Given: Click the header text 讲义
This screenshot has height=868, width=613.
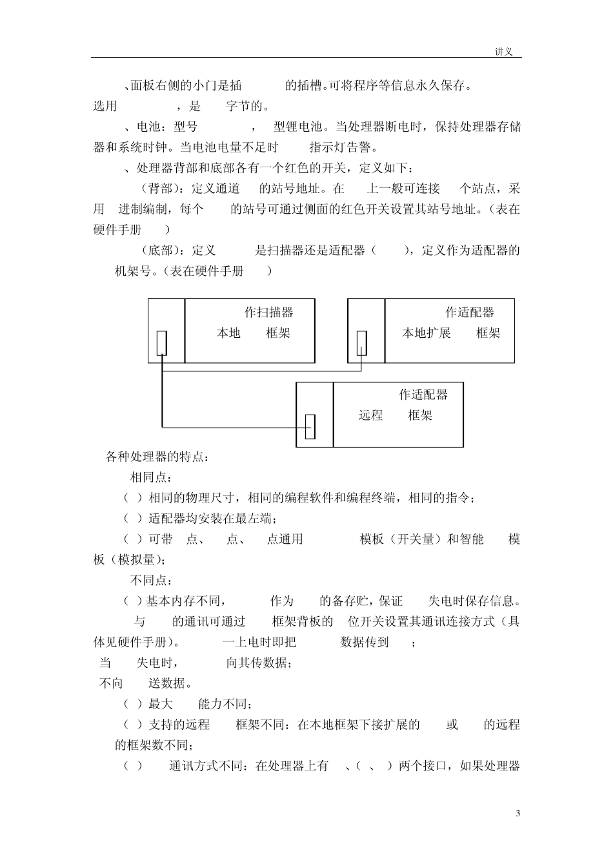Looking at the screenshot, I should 503,52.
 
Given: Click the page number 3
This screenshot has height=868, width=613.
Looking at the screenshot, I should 518,812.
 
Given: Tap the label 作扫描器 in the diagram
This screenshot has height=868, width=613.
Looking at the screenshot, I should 268,313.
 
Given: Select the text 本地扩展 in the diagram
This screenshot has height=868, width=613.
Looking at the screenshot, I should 427,333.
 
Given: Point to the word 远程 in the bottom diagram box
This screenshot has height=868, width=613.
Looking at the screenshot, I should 370,415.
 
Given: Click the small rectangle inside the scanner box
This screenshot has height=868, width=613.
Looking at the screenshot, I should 162,343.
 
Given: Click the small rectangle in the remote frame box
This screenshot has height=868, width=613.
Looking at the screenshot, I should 310,426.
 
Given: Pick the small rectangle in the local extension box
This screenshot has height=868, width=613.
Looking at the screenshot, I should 362,343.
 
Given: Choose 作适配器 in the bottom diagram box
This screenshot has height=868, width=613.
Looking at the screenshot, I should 423,395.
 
